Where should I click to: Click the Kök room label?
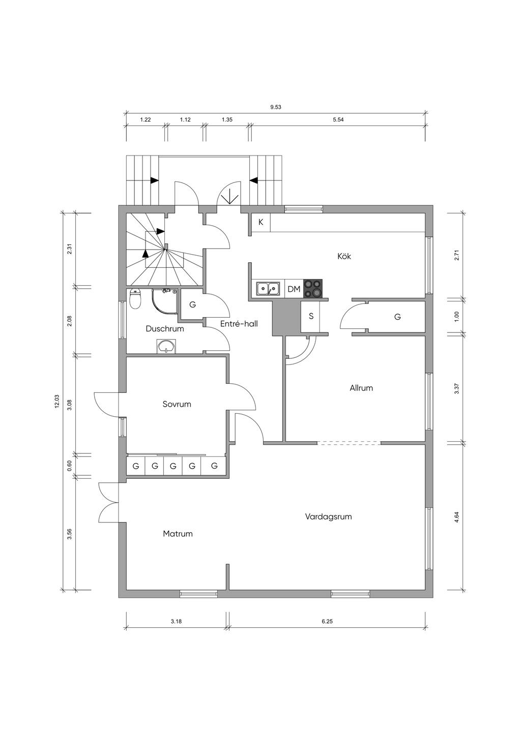pyautogui.click(x=344, y=256)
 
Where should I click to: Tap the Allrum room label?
pyautogui.click(x=361, y=388)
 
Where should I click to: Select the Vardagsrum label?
pyautogui.click(x=328, y=516)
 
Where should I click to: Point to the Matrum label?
pyautogui.click(x=178, y=534)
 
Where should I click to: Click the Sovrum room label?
pyautogui.click(x=177, y=404)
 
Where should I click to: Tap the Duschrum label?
pyautogui.click(x=165, y=328)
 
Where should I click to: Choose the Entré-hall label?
pyautogui.click(x=239, y=324)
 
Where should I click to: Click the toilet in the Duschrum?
pyautogui.click(x=135, y=299)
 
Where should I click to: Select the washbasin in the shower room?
pyautogui.click(x=167, y=346)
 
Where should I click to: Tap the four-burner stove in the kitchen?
pyautogui.click(x=313, y=288)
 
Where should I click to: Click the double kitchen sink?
pyautogui.click(x=269, y=289)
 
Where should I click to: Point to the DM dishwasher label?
pyautogui.click(x=294, y=289)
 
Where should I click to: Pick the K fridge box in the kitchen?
pyautogui.click(x=261, y=223)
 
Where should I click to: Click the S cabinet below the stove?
pyautogui.click(x=311, y=317)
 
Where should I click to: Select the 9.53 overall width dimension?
pyautogui.click(x=276, y=107)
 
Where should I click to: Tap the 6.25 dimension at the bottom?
pyautogui.click(x=327, y=621)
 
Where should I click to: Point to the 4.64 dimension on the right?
pyautogui.click(x=456, y=516)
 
